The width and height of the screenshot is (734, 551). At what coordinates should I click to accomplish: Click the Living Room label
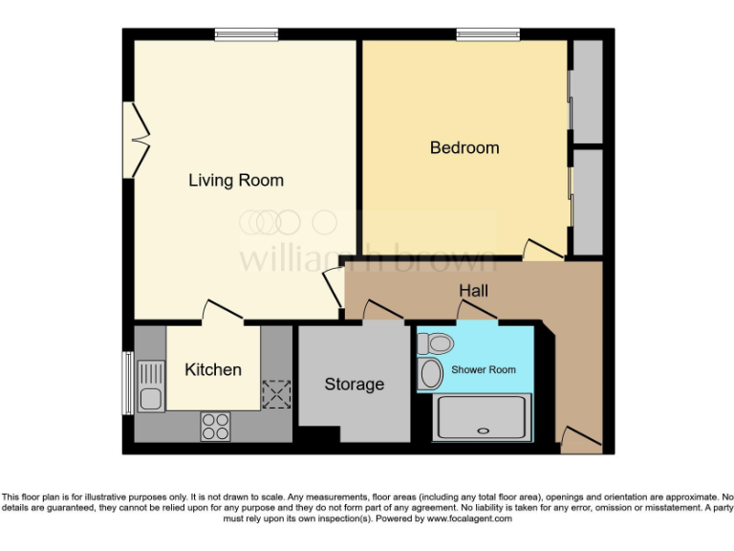point(235,180)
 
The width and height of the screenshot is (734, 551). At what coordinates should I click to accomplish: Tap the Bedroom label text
point(464,147)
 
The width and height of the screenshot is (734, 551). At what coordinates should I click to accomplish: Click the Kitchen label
point(212,369)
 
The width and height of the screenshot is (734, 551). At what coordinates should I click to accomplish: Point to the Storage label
point(354,384)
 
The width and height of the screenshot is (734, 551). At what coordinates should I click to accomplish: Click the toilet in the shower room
point(438,342)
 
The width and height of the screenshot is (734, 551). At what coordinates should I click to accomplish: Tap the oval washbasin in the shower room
point(432,373)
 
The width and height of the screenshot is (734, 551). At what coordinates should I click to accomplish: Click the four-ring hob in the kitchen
point(214,426)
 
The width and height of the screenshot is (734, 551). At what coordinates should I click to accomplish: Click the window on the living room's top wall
point(246,34)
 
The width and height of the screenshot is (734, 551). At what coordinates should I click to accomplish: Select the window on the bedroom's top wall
point(487,34)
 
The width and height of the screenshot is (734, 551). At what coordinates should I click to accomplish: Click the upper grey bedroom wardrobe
point(587,92)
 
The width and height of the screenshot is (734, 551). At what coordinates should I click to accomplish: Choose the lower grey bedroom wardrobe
point(587,203)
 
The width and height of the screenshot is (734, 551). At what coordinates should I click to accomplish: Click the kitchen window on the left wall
point(126,384)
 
